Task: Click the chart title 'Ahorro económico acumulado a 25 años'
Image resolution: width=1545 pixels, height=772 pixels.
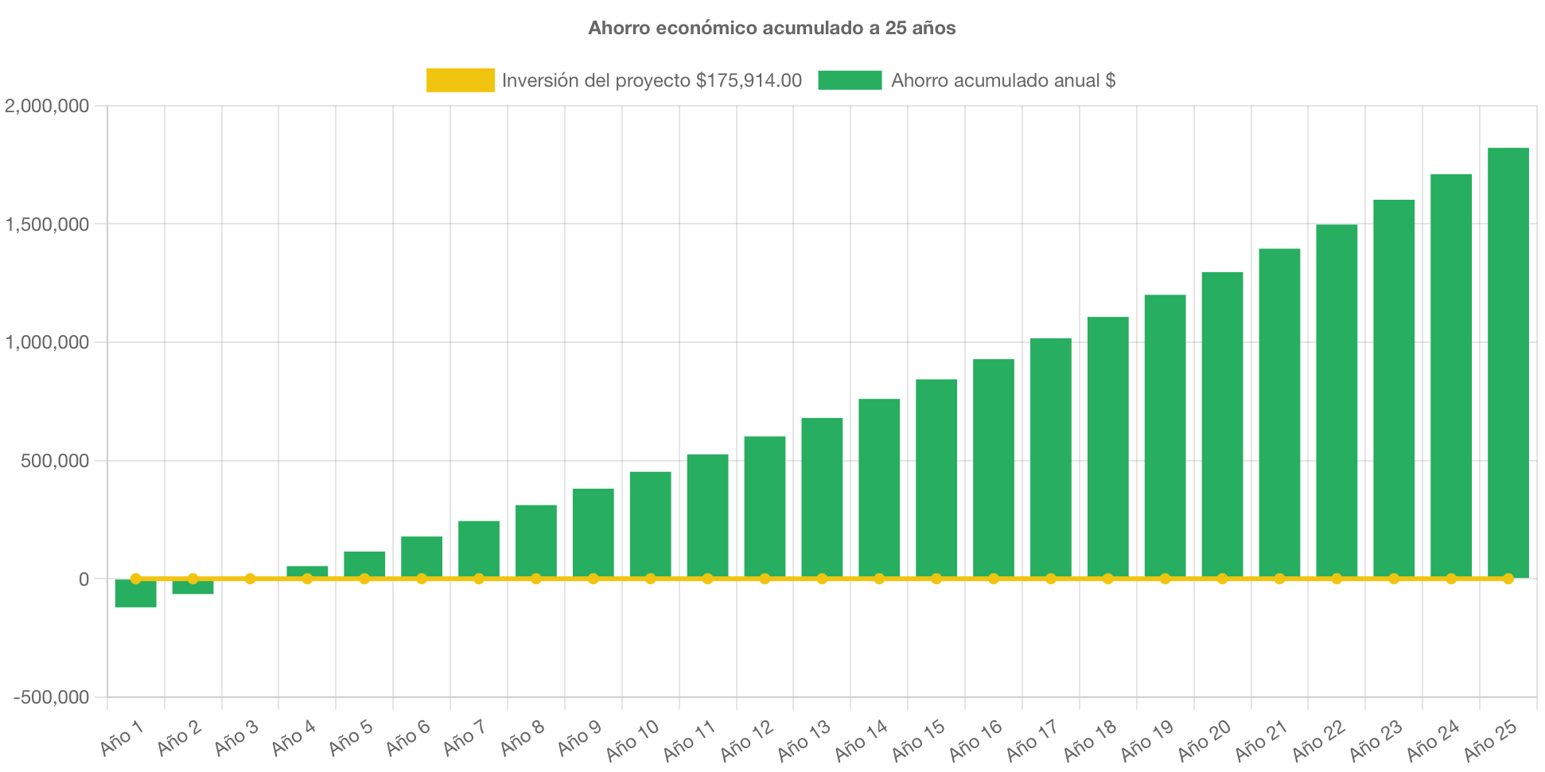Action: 772,29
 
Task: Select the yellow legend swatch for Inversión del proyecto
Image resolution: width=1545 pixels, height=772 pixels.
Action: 460,80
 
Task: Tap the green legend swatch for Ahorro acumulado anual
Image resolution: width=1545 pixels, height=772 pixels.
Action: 850,80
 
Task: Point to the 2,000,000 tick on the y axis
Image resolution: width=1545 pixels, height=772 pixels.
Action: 47,107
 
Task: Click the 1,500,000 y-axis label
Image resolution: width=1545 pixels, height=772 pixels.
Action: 47,225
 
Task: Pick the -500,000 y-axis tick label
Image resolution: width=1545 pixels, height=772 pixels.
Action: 52,698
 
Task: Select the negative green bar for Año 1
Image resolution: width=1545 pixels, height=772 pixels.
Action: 135,595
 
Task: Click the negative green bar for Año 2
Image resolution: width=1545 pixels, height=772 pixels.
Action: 193,587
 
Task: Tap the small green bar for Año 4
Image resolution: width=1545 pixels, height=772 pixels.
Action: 307,571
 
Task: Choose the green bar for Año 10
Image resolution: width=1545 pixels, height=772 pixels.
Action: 650,525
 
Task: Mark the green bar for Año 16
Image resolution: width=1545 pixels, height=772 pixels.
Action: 993,470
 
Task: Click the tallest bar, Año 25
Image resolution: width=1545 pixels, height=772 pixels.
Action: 1508,363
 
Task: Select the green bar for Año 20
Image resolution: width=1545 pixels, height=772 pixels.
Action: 1222,425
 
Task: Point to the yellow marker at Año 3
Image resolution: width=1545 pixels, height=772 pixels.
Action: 250,579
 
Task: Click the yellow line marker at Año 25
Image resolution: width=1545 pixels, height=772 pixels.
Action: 1508,579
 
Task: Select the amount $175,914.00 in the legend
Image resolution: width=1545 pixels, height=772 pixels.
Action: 749,80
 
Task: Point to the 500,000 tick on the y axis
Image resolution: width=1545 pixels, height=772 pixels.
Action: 55,462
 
